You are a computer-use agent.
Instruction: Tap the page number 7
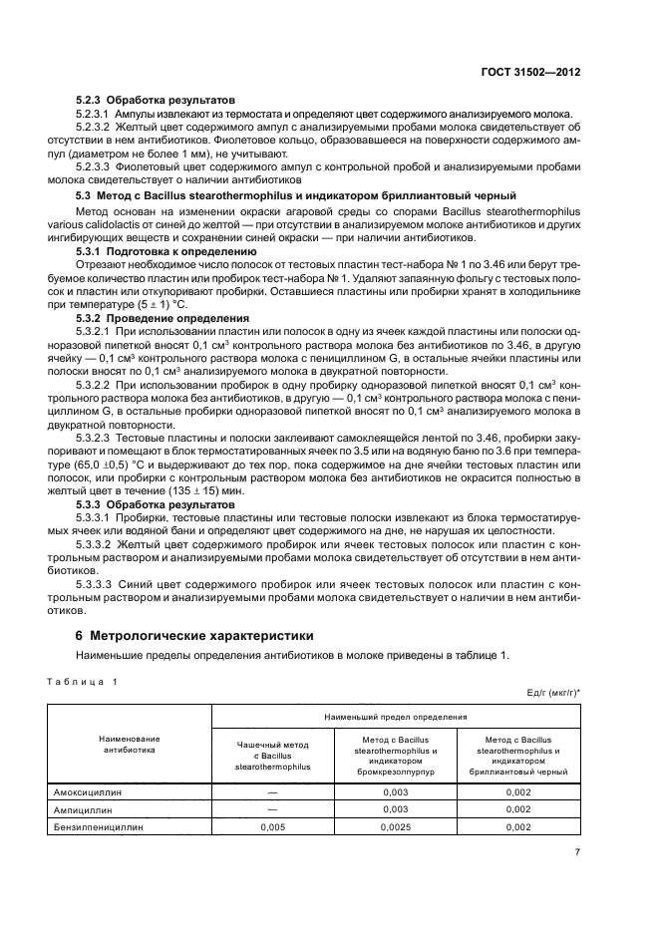578,850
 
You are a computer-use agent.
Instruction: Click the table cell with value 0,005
272,826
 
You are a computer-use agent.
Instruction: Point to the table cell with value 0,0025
397,826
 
